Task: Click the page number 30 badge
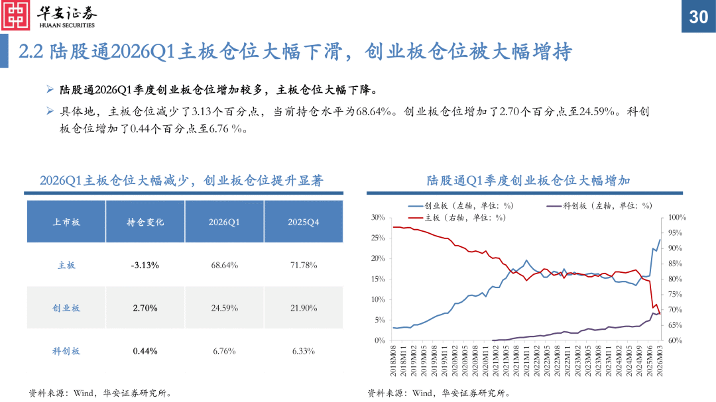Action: pyautogui.click(x=698, y=17)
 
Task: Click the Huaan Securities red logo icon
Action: pyautogui.click(x=16, y=15)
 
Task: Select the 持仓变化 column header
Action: pyautogui.click(x=145, y=223)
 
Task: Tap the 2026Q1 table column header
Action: pyautogui.click(x=224, y=223)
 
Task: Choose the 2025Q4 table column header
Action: pyautogui.click(x=303, y=223)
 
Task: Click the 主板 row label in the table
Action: pyautogui.click(x=66, y=265)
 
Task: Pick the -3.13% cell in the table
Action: pyautogui.click(x=145, y=265)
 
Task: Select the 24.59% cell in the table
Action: pyautogui.click(x=224, y=308)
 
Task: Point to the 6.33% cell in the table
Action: pyautogui.click(x=303, y=351)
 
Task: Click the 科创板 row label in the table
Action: pyautogui.click(x=66, y=351)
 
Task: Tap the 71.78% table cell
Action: pyautogui.click(x=303, y=265)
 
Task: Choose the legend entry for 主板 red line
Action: pyautogui.click(x=457, y=217)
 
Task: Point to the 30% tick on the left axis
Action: pyautogui.click(x=378, y=217)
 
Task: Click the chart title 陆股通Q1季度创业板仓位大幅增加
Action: pyautogui.click(x=528, y=180)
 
